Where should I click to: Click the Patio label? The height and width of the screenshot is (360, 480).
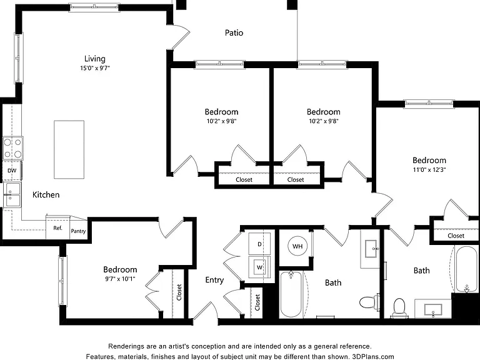coord(234,32)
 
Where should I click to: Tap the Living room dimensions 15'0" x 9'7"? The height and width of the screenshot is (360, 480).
coord(95,68)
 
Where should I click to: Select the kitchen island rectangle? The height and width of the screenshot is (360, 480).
coord(69,149)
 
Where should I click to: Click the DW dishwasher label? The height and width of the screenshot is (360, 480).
coord(12,171)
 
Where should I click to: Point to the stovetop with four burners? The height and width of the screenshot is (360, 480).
coord(12,148)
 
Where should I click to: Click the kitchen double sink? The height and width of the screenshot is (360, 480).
coord(12,195)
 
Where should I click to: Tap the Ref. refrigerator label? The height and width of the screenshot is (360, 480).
coord(58,227)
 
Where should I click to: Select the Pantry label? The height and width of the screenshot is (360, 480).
coord(78,231)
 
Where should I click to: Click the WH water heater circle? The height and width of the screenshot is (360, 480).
coord(297,246)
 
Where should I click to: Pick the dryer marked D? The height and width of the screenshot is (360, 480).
coord(259,244)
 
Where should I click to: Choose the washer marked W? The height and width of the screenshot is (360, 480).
coord(259,267)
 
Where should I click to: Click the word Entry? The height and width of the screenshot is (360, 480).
coord(214,280)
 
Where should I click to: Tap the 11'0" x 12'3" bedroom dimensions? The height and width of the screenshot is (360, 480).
coord(429,169)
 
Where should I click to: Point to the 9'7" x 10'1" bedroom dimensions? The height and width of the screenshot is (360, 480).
coord(120,279)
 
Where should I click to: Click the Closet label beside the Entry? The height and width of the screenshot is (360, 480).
coord(257,302)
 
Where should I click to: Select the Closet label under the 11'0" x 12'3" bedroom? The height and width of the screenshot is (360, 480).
coord(456,236)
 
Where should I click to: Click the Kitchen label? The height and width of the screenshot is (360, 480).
coord(46,195)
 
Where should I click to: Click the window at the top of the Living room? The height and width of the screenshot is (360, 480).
coord(94,7)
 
